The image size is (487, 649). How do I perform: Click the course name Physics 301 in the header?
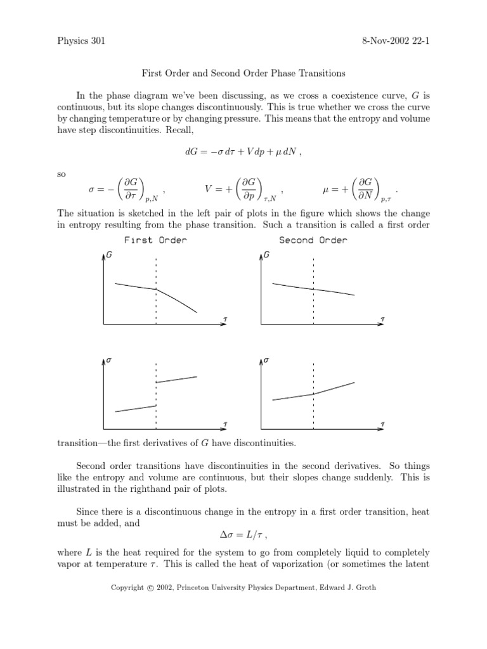(x=81, y=42)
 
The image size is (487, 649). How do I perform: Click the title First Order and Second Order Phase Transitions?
(x=243, y=74)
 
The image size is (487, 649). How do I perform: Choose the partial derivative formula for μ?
(x=359, y=190)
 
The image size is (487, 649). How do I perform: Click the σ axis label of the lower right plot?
(x=267, y=360)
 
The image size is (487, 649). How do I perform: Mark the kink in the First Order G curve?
(x=157, y=290)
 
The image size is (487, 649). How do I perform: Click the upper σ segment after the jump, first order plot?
(x=176, y=380)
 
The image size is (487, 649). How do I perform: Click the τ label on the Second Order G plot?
(x=382, y=318)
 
